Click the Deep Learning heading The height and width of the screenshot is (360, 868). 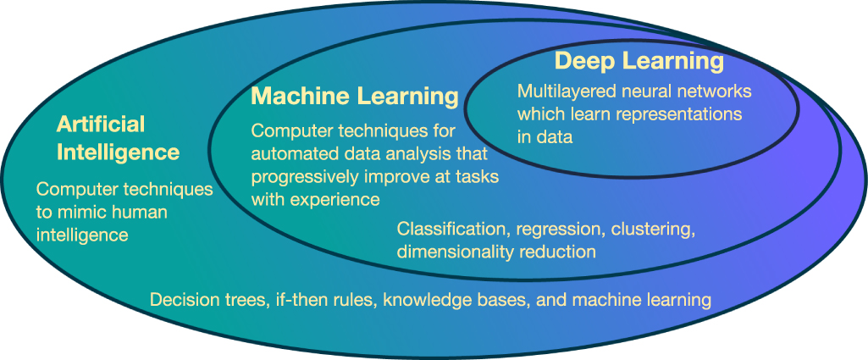(x=639, y=62)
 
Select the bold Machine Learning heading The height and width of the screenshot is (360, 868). (x=354, y=97)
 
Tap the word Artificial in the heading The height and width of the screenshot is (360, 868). (x=101, y=125)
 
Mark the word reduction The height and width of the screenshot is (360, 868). (x=556, y=252)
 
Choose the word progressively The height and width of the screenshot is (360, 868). (x=304, y=177)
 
